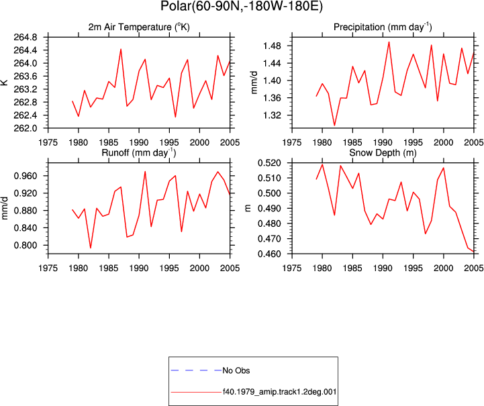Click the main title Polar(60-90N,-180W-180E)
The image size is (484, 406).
point(242,6)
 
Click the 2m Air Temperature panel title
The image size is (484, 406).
point(139,27)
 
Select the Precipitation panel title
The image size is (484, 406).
point(383,27)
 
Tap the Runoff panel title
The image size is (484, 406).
point(139,153)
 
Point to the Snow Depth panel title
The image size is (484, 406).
point(383,153)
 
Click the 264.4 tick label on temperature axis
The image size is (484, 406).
point(26,50)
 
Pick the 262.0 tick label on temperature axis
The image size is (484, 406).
point(26,128)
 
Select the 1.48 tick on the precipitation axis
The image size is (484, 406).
point(272,46)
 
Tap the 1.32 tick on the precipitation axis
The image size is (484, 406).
point(272,115)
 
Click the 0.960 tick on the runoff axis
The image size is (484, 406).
point(26,176)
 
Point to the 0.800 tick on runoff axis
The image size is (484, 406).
point(26,245)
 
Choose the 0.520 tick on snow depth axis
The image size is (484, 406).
point(269,163)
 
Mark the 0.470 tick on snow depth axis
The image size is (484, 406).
point(269,239)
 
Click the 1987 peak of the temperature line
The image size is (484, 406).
point(121,49)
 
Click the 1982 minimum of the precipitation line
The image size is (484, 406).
point(334,125)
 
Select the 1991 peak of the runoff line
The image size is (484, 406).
point(145,172)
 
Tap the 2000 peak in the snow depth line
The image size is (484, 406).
point(444,168)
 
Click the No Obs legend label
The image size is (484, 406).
point(236,370)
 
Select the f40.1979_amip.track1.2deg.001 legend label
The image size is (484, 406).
point(279,392)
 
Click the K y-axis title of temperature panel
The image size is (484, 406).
point(4,83)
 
